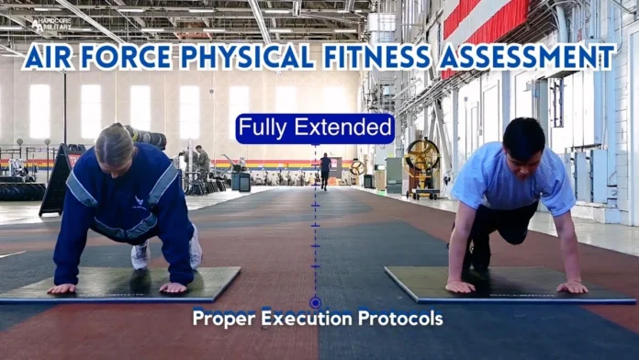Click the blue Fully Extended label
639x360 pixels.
[x=315, y=128]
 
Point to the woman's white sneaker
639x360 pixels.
[x=140, y=254]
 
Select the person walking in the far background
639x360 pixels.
[x=325, y=170]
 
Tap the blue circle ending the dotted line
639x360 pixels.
[x=315, y=302]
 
